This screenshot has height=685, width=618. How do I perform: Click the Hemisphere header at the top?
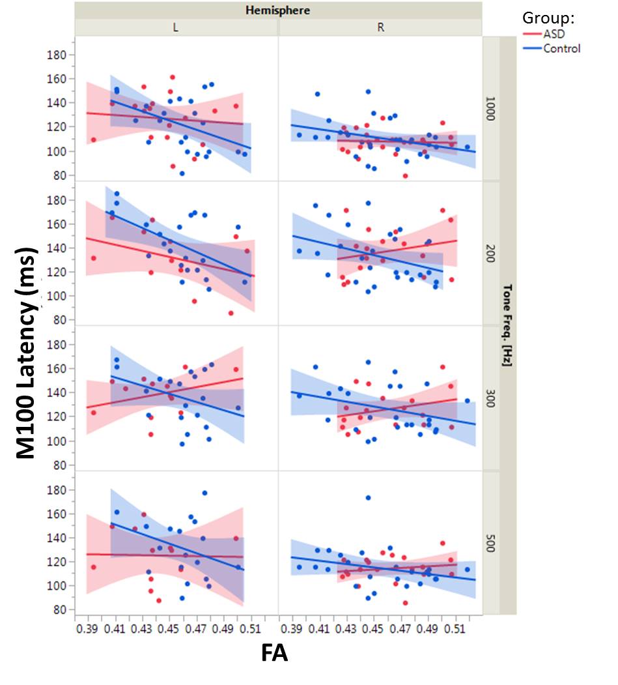tap(278, 10)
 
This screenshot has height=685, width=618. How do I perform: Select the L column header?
tap(176, 27)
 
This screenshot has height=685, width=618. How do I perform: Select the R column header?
tap(380, 27)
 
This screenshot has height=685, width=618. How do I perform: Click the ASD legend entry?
tap(554, 36)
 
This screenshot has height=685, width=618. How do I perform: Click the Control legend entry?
tap(561, 48)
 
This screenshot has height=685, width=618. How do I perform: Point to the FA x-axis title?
tap(274, 654)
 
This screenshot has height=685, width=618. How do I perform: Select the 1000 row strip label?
tap(491, 109)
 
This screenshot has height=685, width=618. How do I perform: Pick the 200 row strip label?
tap(491, 254)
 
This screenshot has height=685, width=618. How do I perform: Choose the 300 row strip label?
tap(491, 398)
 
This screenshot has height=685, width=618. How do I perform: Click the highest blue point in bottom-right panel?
tap(368, 498)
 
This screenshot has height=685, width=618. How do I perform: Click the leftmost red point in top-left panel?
tap(93, 139)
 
